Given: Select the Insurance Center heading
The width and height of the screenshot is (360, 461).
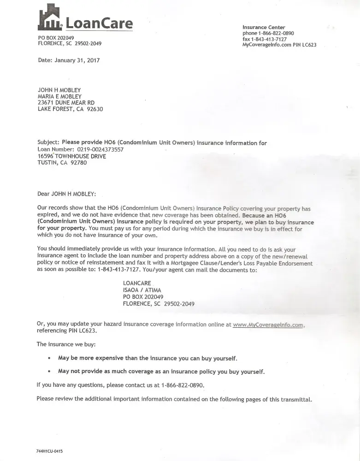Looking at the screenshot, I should point(264,28).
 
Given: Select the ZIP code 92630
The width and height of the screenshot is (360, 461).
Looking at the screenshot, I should point(95,109).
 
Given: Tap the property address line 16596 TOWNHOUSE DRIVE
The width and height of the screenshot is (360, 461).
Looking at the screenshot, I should point(72,156).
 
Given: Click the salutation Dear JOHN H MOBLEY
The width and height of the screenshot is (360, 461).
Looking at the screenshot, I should point(67,194).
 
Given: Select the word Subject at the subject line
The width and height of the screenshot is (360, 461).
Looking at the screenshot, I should point(48,143).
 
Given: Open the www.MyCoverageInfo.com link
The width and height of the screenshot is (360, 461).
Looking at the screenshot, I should point(268,325).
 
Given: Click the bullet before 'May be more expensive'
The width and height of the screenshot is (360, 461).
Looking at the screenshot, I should point(49,358).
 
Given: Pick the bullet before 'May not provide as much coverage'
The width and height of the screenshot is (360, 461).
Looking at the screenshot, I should point(49,372).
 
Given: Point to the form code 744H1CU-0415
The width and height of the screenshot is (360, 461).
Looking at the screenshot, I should point(49,451).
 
